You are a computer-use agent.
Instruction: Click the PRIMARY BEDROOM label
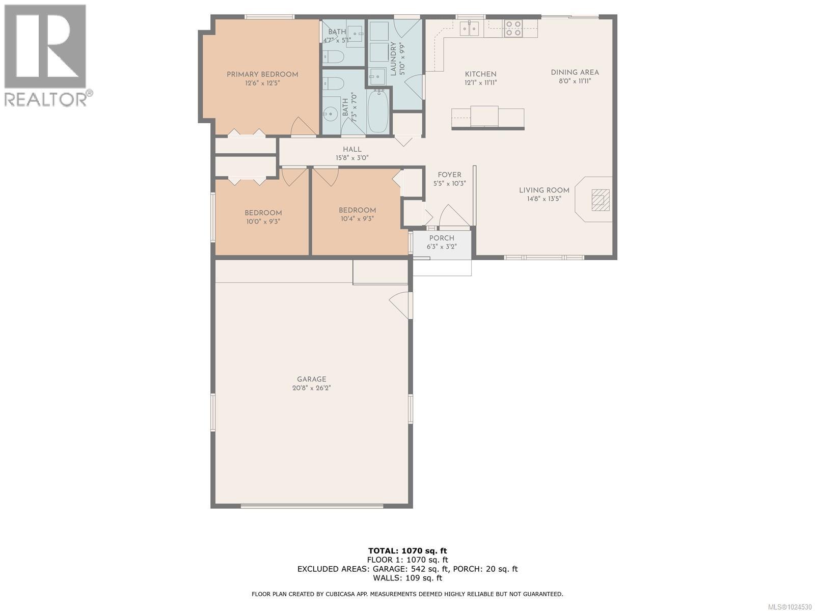[262, 74]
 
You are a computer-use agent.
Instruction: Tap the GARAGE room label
[312, 379]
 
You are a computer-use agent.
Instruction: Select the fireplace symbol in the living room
[600, 200]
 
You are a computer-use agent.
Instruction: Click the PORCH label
[442, 238]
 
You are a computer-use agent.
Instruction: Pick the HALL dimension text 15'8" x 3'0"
[352, 158]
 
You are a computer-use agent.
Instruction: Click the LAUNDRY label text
[393, 59]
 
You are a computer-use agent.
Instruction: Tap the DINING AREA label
[575, 72]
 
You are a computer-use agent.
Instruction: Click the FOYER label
[449, 175]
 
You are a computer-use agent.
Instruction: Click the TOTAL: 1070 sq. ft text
[407, 550]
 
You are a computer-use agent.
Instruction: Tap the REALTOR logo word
[46, 98]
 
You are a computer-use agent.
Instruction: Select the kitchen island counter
[487, 117]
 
